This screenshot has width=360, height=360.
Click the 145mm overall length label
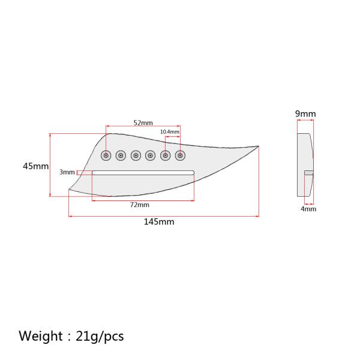tap(159, 222)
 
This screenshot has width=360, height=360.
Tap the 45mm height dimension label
tap(35, 166)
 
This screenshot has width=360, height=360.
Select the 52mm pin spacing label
tap(143, 123)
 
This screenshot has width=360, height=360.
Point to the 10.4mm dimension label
tap(170, 132)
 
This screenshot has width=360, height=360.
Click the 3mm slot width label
tap(67, 172)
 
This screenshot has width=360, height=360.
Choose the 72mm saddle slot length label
tap(140, 205)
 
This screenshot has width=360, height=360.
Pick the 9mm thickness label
tap(305, 113)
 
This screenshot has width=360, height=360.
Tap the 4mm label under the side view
tap(308, 209)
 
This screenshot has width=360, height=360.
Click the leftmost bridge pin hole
tap(106, 155)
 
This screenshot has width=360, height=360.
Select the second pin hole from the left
tap(121, 155)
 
